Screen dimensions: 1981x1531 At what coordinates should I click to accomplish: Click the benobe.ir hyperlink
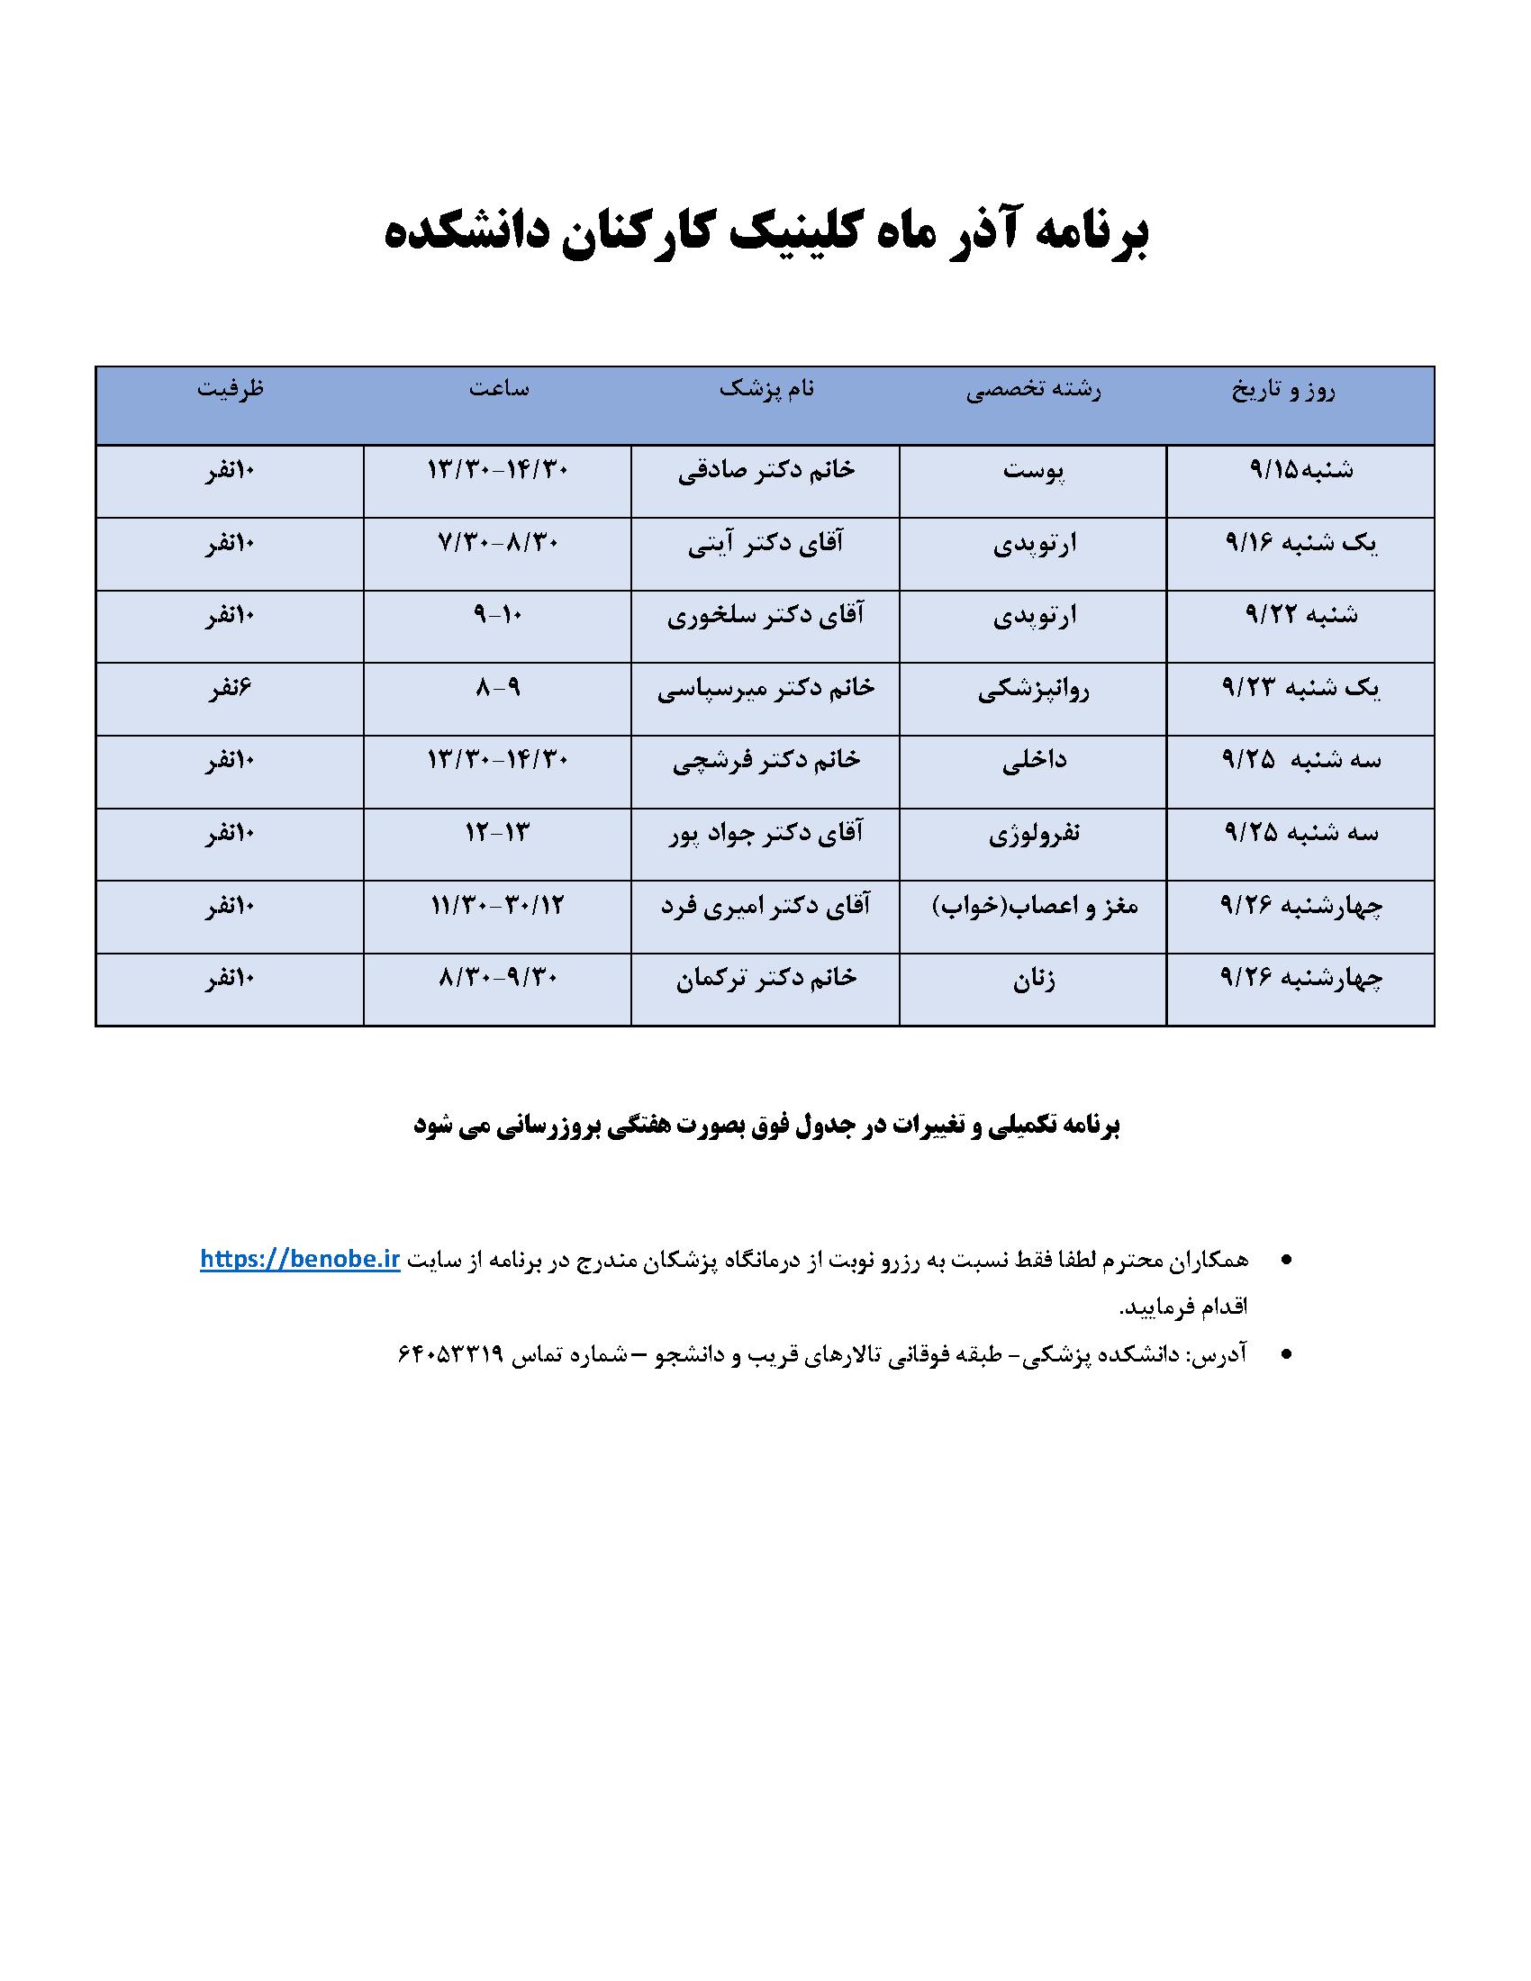(300, 1261)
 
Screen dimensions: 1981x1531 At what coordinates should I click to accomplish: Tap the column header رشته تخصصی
(1033, 391)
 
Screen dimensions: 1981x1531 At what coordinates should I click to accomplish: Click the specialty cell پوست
(1033, 471)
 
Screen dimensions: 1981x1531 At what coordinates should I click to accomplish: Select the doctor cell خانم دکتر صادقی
(766, 471)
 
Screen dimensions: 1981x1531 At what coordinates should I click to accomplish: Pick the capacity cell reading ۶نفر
(231, 689)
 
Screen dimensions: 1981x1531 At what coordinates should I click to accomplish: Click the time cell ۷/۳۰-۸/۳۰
(497, 543)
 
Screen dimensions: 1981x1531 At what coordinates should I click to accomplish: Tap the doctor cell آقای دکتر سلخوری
(766, 616)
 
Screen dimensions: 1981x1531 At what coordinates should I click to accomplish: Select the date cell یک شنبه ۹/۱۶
(1300, 543)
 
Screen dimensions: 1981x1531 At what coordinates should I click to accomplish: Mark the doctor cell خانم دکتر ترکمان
(766, 979)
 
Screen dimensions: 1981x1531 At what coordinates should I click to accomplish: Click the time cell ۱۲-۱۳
(497, 834)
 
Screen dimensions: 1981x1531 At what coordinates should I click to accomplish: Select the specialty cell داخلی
(1033, 761)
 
